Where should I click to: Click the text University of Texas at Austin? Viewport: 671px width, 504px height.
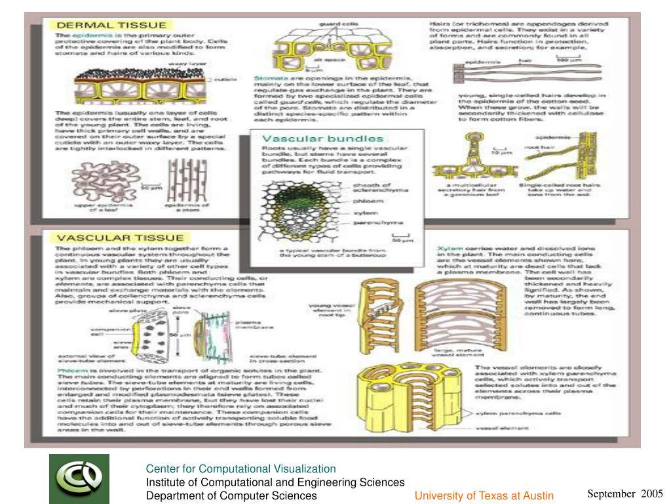[x=484, y=495]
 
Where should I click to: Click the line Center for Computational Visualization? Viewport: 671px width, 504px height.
[x=240, y=469]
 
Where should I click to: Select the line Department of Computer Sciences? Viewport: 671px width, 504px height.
[x=231, y=495]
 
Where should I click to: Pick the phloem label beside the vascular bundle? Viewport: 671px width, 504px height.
[x=365, y=201]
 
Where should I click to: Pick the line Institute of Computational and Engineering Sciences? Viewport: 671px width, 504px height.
[x=275, y=482]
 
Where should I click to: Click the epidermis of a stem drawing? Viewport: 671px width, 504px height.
[x=186, y=184]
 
